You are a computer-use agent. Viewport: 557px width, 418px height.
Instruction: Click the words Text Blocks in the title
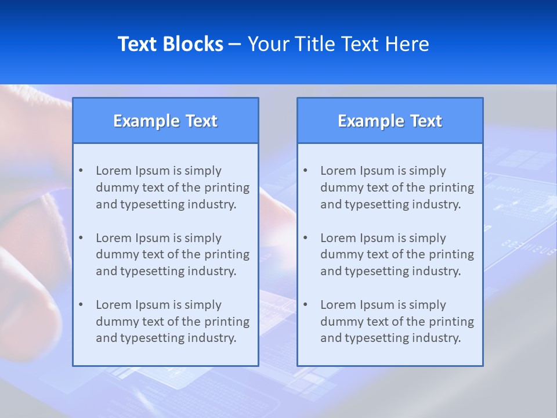pos(171,44)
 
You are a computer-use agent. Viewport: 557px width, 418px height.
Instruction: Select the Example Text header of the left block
pos(165,121)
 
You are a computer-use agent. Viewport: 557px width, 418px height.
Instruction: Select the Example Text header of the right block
pos(390,121)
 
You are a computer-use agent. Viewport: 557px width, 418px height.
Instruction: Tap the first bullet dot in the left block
pos(81,171)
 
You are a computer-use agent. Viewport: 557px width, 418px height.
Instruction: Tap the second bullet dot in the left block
pos(81,238)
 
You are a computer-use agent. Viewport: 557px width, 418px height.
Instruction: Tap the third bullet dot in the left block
pos(81,305)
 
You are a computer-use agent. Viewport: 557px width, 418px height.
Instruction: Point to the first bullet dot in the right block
pos(305,171)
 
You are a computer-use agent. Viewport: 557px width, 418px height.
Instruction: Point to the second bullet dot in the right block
pos(305,238)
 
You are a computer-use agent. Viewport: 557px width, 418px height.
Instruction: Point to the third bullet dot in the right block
pos(305,305)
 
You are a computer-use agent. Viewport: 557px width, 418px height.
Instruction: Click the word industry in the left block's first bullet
pos(214,204)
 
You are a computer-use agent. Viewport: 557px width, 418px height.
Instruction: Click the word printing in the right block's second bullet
pos(451,254)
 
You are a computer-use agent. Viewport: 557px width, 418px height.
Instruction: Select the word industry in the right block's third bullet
pos(439,338)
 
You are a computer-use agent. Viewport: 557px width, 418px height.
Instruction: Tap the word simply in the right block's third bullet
pos(428,305)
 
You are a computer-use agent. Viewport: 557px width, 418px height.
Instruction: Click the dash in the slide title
pos(235,44)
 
